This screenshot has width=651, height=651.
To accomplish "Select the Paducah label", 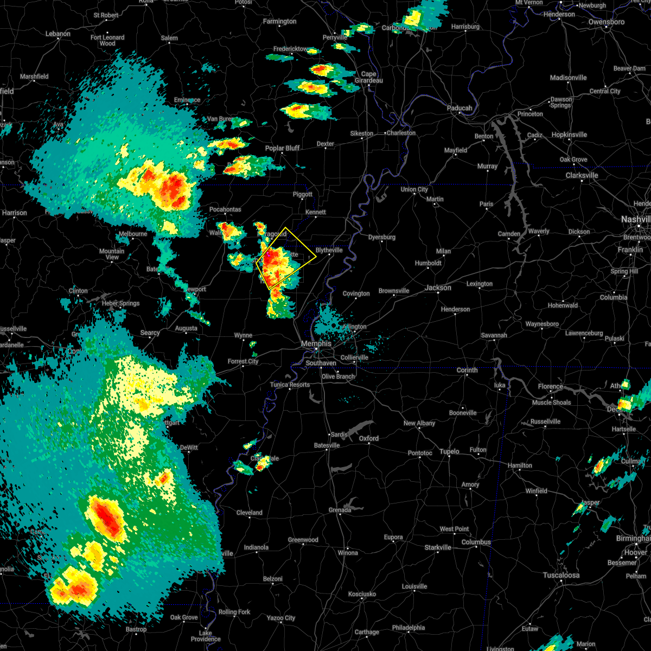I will (x=459, y=108).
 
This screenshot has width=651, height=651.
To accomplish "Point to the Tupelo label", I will (x=449, y=451).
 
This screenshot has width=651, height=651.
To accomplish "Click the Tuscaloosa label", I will (x=561, y=575).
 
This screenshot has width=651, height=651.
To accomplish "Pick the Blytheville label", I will (x=329, y=250).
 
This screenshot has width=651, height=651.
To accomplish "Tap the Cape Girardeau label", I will (x=368, y=78).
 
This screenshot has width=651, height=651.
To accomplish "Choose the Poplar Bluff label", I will (x=282, y=148).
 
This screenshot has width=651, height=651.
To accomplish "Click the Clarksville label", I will (x=582, y=176).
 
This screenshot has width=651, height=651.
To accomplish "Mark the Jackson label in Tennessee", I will (x=438, y=288).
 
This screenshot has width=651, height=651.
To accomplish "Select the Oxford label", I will (x=369, y=438).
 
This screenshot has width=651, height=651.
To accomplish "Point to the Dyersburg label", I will (x=381, y=237).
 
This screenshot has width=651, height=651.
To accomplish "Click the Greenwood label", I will (x=303, y=540).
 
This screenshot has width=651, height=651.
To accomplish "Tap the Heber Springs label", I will (x=121, y=303).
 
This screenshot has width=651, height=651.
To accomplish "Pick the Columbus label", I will (x=476, y=542).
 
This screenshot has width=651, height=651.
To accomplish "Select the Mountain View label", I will (x=112, y=254).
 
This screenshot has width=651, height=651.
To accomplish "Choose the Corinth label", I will (x=467, y=370).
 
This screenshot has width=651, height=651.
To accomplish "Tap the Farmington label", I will (x=279, y=22).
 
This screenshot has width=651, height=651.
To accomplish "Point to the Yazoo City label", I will (x=281, y=618).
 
